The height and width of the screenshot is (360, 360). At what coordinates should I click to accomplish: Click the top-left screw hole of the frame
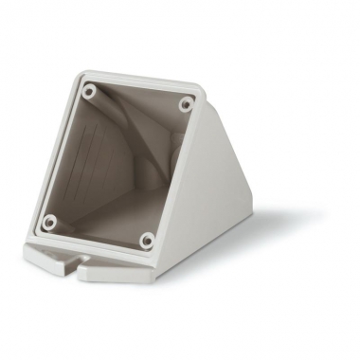click(x=89, y=93)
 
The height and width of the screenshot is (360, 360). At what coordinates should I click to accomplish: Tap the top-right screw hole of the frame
click(x=183, y=103)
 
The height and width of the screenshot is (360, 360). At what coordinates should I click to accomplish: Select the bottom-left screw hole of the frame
click(x=51, y=223)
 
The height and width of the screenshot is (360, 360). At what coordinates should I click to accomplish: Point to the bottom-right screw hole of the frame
click(x=147, y=241)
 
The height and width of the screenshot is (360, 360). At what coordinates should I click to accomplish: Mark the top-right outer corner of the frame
click(x=201, y=92)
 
